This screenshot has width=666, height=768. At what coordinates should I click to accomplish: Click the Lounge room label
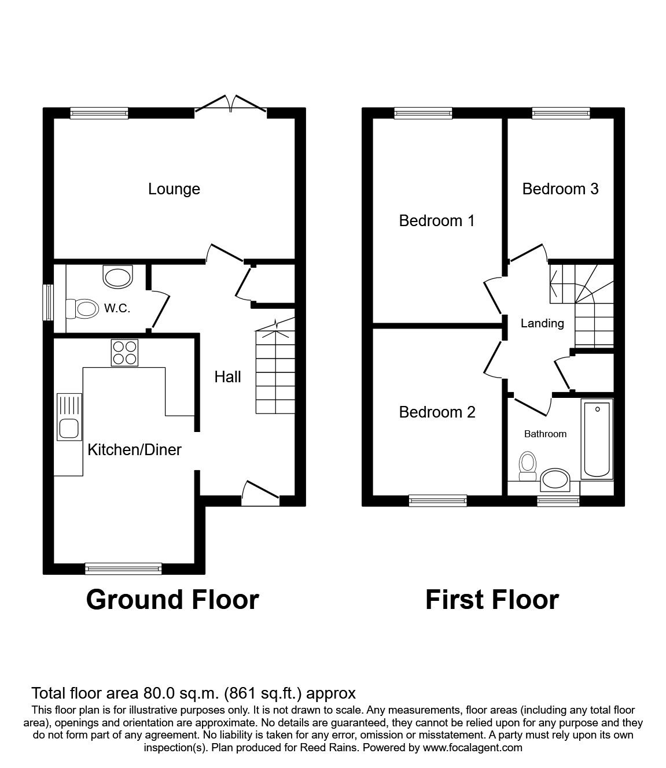tap(174, 189)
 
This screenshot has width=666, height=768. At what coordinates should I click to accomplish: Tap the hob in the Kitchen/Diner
tap(125, 352)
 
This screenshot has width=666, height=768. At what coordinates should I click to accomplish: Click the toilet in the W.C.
tap(81, 308)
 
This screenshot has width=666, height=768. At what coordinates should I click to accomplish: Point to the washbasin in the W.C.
tap(117, 276)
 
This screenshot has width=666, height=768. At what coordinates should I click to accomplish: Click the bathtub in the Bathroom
tap(597, 439)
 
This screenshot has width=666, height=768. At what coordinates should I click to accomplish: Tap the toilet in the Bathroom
tap(527, 466)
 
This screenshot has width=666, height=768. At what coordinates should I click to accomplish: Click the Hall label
tap(227, 377)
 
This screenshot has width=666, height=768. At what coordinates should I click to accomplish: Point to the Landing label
tap(542, 323)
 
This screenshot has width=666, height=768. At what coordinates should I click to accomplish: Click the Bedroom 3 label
tap(560, 189)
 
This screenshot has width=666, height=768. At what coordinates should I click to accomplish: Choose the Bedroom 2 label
tap(437, 412)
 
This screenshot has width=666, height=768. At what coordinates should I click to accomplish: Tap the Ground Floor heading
tap(172, 600)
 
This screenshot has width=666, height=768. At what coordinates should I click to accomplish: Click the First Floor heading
tap(492, 600)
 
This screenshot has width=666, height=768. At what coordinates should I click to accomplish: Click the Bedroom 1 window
tap(423, 113)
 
